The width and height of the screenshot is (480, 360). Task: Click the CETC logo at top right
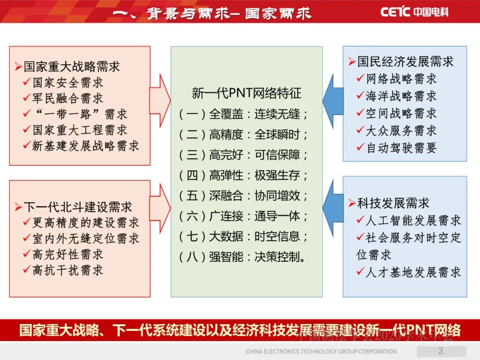(414, 12)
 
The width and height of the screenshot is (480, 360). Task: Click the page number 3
(440, 350)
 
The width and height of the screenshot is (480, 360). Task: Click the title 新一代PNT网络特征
(246, 93)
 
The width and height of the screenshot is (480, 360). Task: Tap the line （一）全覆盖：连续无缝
(244, 114)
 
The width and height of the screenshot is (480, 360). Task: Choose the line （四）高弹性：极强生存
(244, 175)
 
